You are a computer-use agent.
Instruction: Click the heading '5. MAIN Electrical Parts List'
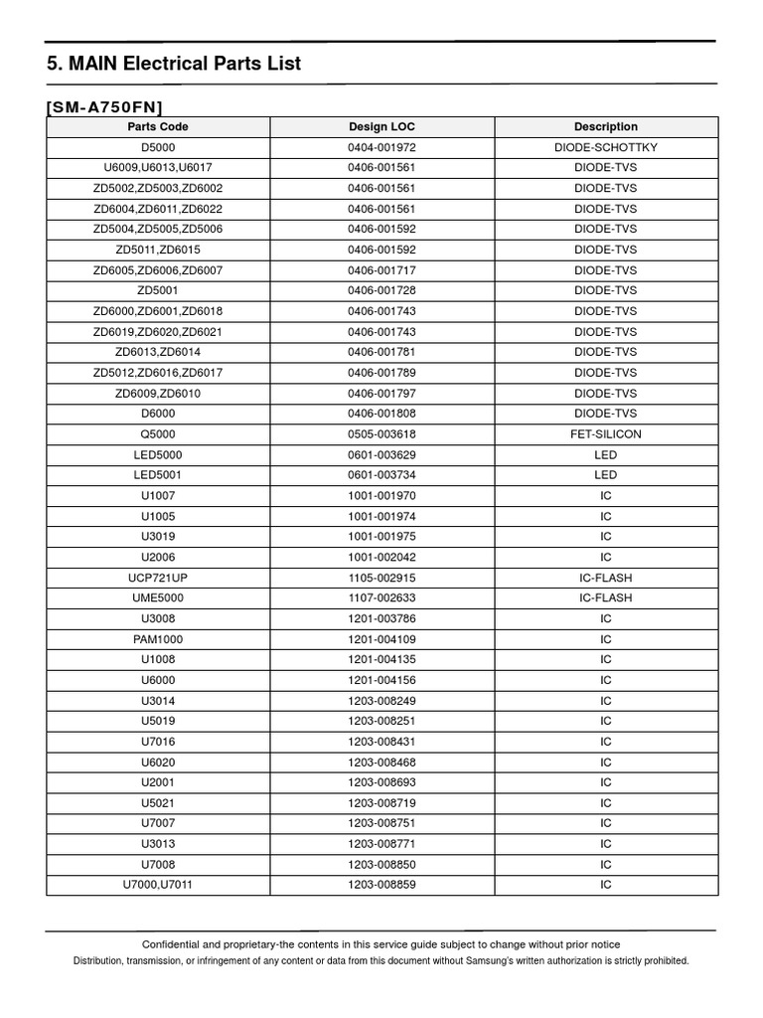tap(174, 65)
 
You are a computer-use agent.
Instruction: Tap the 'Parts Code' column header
tap(158, 127)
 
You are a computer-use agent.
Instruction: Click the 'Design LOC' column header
tap(382, 127)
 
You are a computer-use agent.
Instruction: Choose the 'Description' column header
tap(606, 127)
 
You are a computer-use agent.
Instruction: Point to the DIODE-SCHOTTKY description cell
tap(606, 147)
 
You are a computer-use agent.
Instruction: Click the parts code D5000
tap(158, 147)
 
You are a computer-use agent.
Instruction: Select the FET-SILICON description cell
tap(606, 434)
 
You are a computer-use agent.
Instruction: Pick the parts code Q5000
tap(158, 434)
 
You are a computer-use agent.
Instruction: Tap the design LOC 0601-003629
tap(382, 455)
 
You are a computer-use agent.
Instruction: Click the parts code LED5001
tap(158, 475)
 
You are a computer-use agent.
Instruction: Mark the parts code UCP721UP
tap(158, 578)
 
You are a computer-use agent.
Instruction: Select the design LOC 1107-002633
tap(382, 598)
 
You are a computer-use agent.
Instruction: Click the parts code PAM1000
tap(158, 639)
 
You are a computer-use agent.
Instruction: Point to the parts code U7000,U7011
tap(158, 885)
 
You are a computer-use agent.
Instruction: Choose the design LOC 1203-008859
tap(382, 885)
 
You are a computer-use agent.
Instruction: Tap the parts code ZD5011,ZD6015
tap(158, 250)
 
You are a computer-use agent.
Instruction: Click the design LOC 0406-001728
tap(382, 290)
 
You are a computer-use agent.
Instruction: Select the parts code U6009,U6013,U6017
tap(158, 168)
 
